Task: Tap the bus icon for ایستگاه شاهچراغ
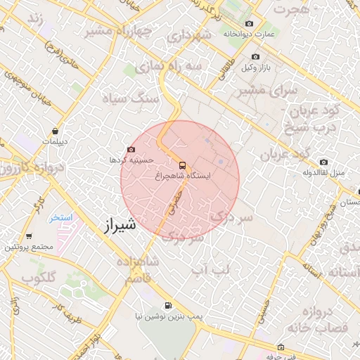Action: (182, 165)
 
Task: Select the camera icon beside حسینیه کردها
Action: (131, 150)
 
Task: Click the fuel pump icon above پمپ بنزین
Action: (167, 305)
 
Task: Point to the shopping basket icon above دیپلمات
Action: (55, 131)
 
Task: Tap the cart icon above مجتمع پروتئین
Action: (29, 236)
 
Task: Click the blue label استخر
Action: (60, 217)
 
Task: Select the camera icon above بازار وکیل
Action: (255, 56)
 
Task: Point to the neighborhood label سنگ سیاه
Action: (124, 98)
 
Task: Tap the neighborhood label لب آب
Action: (210, 268)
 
